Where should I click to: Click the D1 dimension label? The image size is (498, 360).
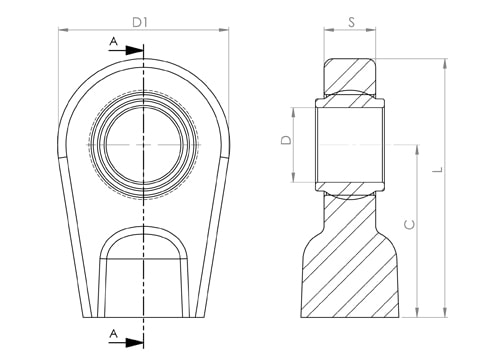tap(140, 23)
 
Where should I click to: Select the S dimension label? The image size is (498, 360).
tap(351, 22)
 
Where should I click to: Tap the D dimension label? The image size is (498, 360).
tap(286, 140)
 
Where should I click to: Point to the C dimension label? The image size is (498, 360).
tap(409, 225)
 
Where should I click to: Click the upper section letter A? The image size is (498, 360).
tap(114, 42)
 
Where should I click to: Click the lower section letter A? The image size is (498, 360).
tap(114, 334)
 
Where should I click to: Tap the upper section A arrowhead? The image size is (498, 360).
tap(134, 51)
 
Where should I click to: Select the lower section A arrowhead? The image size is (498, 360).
tap(134, 342)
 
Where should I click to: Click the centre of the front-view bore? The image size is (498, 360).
tap(144, 144)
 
